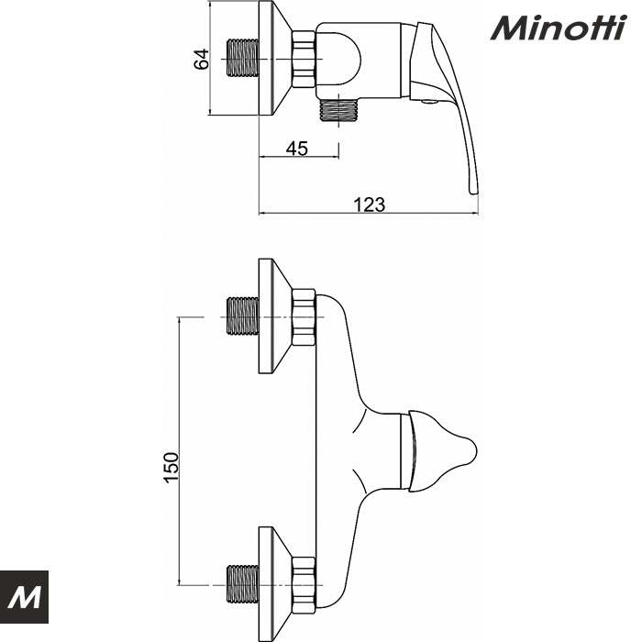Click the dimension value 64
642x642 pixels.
pyautogui.click(x=204, y=60)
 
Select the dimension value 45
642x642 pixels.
pyautogui.click(x=296, y=148)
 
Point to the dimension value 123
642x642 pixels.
pyautogui.click(x=369, y=204)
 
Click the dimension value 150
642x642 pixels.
pyautogui.click(x=171, y=468)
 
